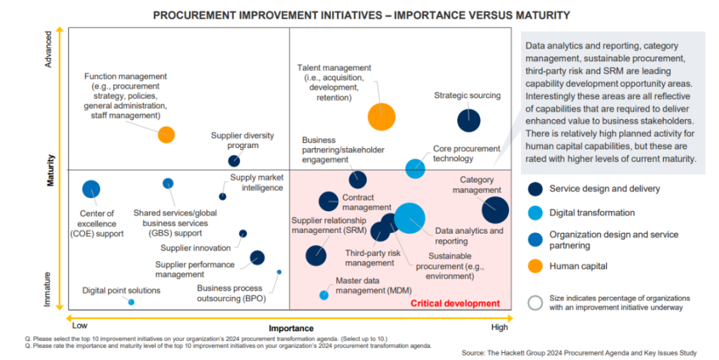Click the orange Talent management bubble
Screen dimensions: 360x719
click(381, 116)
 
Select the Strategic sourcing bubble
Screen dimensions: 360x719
click(469, 121)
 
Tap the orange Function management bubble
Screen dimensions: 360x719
click(166, 135)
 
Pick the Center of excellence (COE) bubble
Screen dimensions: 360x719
click(91, 189)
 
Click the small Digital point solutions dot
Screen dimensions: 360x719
click(131, 302)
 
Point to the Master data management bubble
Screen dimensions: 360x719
click(324, 295)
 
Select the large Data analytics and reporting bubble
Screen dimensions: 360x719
click(409, 218)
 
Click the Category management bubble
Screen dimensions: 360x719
click(495, 210)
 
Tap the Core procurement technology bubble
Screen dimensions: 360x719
click(416, 168)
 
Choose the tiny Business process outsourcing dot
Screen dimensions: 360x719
click(279, 272)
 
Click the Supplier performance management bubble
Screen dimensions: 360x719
click(258, 258)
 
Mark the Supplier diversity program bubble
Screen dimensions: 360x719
click(235, 161)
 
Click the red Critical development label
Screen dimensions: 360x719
click(455, 303)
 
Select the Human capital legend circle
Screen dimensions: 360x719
click(536, 266)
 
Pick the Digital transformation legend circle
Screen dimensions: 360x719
click(536, 213)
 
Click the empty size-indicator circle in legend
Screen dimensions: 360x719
click(536, 302)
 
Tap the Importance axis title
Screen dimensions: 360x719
click(291, 328)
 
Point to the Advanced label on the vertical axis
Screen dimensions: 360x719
click(48, 49)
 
